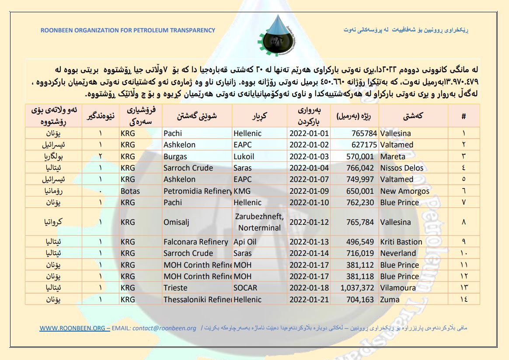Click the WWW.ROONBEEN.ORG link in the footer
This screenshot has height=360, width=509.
72,328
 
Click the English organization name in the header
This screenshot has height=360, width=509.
128,30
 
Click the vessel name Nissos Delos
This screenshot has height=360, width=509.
401,168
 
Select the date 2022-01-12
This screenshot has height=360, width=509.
308,222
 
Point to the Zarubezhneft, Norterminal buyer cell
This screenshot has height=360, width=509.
259,222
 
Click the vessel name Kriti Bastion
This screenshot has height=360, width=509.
401,242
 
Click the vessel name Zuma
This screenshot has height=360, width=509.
390,300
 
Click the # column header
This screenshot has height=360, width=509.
464,116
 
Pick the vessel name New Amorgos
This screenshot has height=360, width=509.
404,191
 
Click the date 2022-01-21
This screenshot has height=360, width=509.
308,300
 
